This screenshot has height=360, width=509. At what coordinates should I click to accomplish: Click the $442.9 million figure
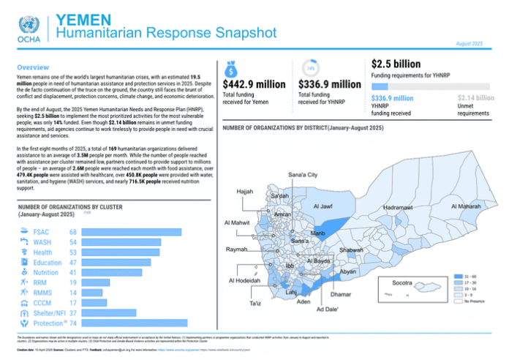pyautogui.click(x=254, y=85)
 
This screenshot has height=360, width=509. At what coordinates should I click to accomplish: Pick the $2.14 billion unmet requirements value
pyautogui.click(x=475, y=98)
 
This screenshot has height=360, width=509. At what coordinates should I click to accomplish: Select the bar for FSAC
pyautogui.click(x=130, y=232)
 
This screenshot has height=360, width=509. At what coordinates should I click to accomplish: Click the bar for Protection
pyautogui.click(x=134, y=323)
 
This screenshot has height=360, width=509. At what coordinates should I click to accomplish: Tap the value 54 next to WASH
pyautogui.click(x=73, y=242)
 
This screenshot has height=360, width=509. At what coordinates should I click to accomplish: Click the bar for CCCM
pyautogui.click(x=92, y=302)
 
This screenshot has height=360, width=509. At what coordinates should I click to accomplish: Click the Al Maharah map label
pyautogui.click(x=465, y=206)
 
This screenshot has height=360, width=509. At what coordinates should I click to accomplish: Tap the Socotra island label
pyautogui.click(x=403, y=282)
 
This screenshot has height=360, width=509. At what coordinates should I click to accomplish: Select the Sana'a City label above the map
pyautogui.click(x=303, y=176)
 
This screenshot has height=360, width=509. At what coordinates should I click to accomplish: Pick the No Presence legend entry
pyautogui.click(x=472, y=301)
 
